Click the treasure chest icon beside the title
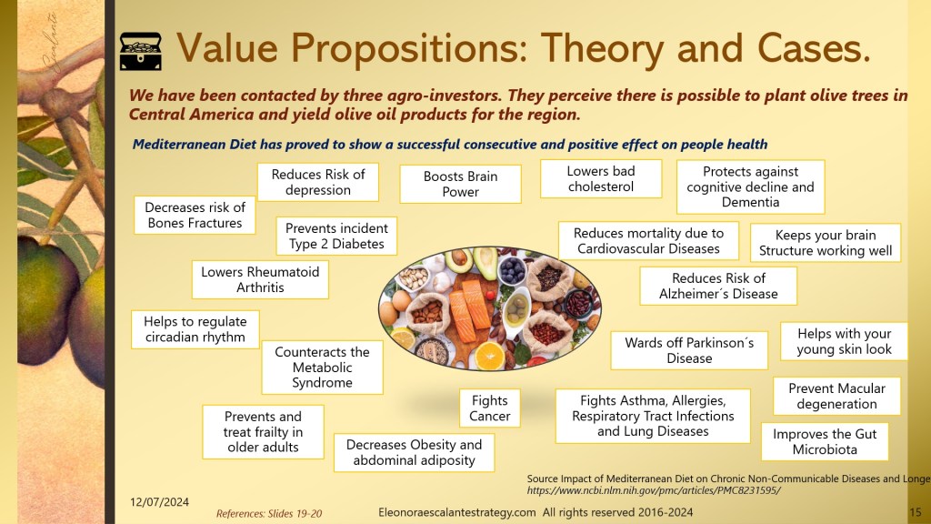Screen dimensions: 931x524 [141, 52]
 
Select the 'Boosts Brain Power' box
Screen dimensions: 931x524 [460, 184]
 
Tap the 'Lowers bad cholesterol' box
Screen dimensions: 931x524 [601, 179]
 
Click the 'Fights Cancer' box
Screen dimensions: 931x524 [490, 408]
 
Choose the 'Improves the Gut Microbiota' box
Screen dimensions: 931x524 [825, 441]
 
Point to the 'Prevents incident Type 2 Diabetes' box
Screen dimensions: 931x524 [336, 236]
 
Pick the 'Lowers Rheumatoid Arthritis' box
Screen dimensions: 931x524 [260, 279]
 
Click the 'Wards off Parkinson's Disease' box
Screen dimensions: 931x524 [689, 350]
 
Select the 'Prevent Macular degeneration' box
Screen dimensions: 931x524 [836, 397]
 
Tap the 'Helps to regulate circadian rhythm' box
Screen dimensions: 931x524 [195, 329]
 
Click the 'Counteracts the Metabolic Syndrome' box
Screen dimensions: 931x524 [323, 368]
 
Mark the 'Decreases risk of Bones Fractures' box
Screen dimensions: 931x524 [195, 215]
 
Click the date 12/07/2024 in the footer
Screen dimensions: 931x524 [159, 502]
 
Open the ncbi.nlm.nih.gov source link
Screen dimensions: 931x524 [654, 490]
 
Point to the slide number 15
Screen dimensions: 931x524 [915, 512]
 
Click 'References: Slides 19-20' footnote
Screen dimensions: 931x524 [269, 514]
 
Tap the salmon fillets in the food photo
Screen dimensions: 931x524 [470, 309]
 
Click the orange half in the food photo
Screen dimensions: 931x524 [490, 356]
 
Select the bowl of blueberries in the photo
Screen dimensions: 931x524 [511, 271]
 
